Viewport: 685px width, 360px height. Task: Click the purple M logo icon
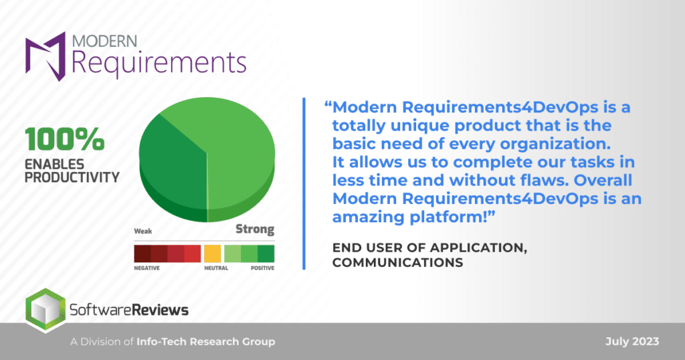[45, 56]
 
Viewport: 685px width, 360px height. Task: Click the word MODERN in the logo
[104, 41]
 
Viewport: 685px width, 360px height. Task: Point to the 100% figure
[65, 139]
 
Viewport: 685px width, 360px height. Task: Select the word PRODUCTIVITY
[72, 177]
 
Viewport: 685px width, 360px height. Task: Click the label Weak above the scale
[143, 231]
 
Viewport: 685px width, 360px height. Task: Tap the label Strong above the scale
[255, 229]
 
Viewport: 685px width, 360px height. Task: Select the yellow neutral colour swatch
[213, 254]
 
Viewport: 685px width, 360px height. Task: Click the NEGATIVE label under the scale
[146, 268]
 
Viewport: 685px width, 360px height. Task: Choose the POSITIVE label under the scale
[262, 268]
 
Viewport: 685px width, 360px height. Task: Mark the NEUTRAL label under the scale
[216, 268]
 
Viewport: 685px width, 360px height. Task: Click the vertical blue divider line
[304, 183]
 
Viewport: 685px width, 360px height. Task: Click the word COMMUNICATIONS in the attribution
[397, 262]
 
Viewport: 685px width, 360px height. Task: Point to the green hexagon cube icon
[45, 310]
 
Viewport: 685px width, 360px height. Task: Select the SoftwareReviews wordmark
[129, 310]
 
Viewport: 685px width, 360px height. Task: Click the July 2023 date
[632, 342]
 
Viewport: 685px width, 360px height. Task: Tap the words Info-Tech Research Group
[206, 342]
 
